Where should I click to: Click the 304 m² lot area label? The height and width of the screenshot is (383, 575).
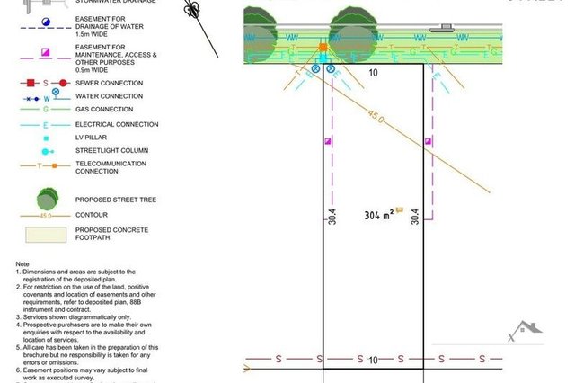(381, 216)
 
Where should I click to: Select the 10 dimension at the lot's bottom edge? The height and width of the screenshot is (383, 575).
(374, 358)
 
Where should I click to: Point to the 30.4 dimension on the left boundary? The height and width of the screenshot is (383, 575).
(332, 217)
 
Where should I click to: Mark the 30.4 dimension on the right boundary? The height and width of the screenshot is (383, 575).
(415, 217)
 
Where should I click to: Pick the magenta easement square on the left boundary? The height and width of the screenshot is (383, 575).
(327, 141)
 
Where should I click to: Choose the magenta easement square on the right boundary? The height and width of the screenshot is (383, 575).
(428, 141)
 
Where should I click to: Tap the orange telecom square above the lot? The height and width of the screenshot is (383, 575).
(323, 47)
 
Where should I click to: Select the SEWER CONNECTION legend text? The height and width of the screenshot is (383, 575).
(111, 83)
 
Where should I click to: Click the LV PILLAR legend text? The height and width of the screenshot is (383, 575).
(91, 138)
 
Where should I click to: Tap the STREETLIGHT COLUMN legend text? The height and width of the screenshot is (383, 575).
(111, 151)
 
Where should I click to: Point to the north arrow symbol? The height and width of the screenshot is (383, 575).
(191, 11)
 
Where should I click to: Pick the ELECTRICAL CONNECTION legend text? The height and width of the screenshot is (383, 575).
(116, 124)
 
